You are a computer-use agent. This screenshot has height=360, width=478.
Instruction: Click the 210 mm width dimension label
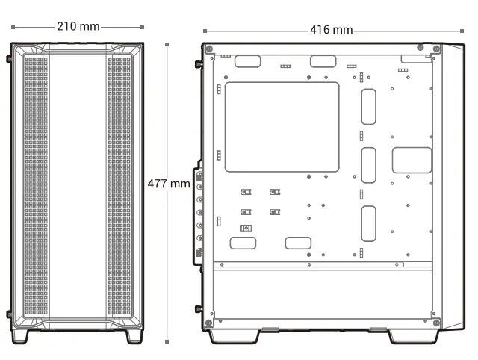point(78,26)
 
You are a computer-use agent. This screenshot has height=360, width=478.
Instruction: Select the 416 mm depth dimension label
point(331,30)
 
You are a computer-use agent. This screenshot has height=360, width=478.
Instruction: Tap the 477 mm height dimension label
point(168,183)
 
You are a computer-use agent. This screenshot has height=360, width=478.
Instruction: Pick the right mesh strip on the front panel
point(119,187)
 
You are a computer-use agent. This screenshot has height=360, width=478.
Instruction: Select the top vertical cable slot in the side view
point(368,107)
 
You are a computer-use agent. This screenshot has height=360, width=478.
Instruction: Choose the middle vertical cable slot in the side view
point(368,165)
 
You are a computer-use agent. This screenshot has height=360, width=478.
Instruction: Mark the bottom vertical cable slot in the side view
point(368,224)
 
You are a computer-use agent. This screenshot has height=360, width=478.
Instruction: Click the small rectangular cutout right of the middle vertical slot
point(412,160)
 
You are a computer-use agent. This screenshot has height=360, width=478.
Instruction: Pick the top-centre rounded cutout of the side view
point(323,62)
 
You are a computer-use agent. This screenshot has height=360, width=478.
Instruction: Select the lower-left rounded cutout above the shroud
point(243,243)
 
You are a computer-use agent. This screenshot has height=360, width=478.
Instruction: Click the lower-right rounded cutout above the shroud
point(298,243)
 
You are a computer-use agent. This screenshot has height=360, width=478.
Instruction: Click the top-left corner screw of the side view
point(209,49)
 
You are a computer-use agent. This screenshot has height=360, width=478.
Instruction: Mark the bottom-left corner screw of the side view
point(209,322)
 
